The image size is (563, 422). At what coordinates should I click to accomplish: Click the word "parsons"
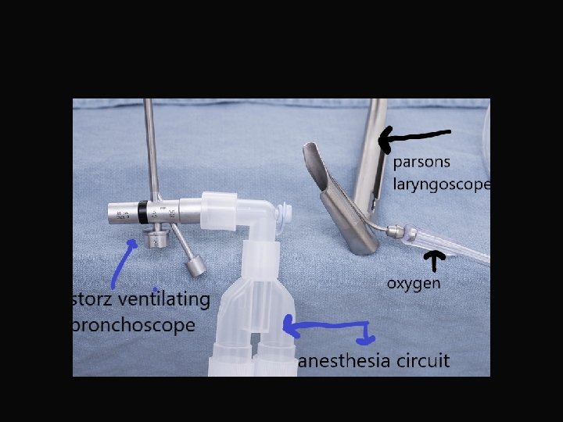click(x=423, y=163)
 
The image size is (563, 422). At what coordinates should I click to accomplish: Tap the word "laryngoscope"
click(x=442, y=185)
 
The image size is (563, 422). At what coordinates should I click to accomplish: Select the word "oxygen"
click(x=414, y=282)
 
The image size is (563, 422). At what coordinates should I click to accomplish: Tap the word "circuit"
click(x=423, y=360)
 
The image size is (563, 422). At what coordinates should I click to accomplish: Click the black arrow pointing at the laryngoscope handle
click(x=414, y=138)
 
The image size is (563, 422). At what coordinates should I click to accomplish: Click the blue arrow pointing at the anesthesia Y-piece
click(x=328, y=328)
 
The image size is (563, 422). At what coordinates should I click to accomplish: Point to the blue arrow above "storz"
click(x=121, y=263)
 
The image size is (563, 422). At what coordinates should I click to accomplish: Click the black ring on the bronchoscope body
click(x=142, y=211)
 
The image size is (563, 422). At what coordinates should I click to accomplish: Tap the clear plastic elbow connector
click(x=262, y=219)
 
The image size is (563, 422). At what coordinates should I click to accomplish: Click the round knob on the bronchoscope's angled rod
click(x=196, y=266)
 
